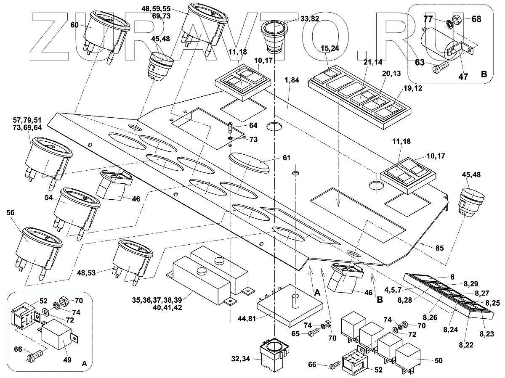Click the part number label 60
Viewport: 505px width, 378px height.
(x=74, y=25)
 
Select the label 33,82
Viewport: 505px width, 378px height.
(x=309, y=19)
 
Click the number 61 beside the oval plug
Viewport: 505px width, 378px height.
(x=287, y=158)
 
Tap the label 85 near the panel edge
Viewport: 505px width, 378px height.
(x=439, y=248)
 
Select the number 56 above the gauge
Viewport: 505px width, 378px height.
(x=10, y=213)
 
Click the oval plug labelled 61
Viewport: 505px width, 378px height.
(x=249, y=163)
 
